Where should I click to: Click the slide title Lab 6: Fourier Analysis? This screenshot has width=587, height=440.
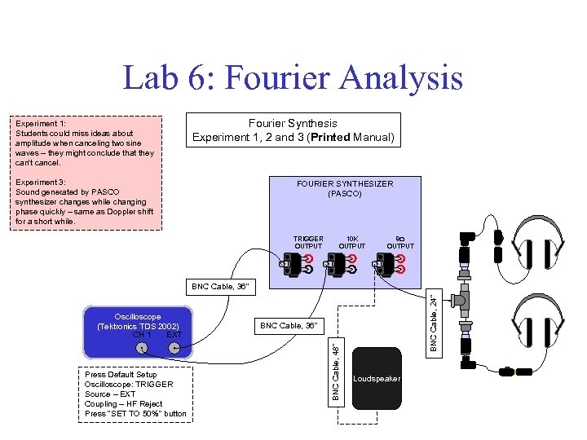click(293, 78)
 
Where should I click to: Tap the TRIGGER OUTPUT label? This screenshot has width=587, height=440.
click(308, 242)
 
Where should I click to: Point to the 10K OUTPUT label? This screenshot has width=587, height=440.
click(352, 242)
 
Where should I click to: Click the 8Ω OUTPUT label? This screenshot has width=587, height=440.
click(399, 242)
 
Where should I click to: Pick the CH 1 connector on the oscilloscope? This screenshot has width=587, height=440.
click(142, 348)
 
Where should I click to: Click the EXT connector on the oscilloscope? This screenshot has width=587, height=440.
click(174, 348)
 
